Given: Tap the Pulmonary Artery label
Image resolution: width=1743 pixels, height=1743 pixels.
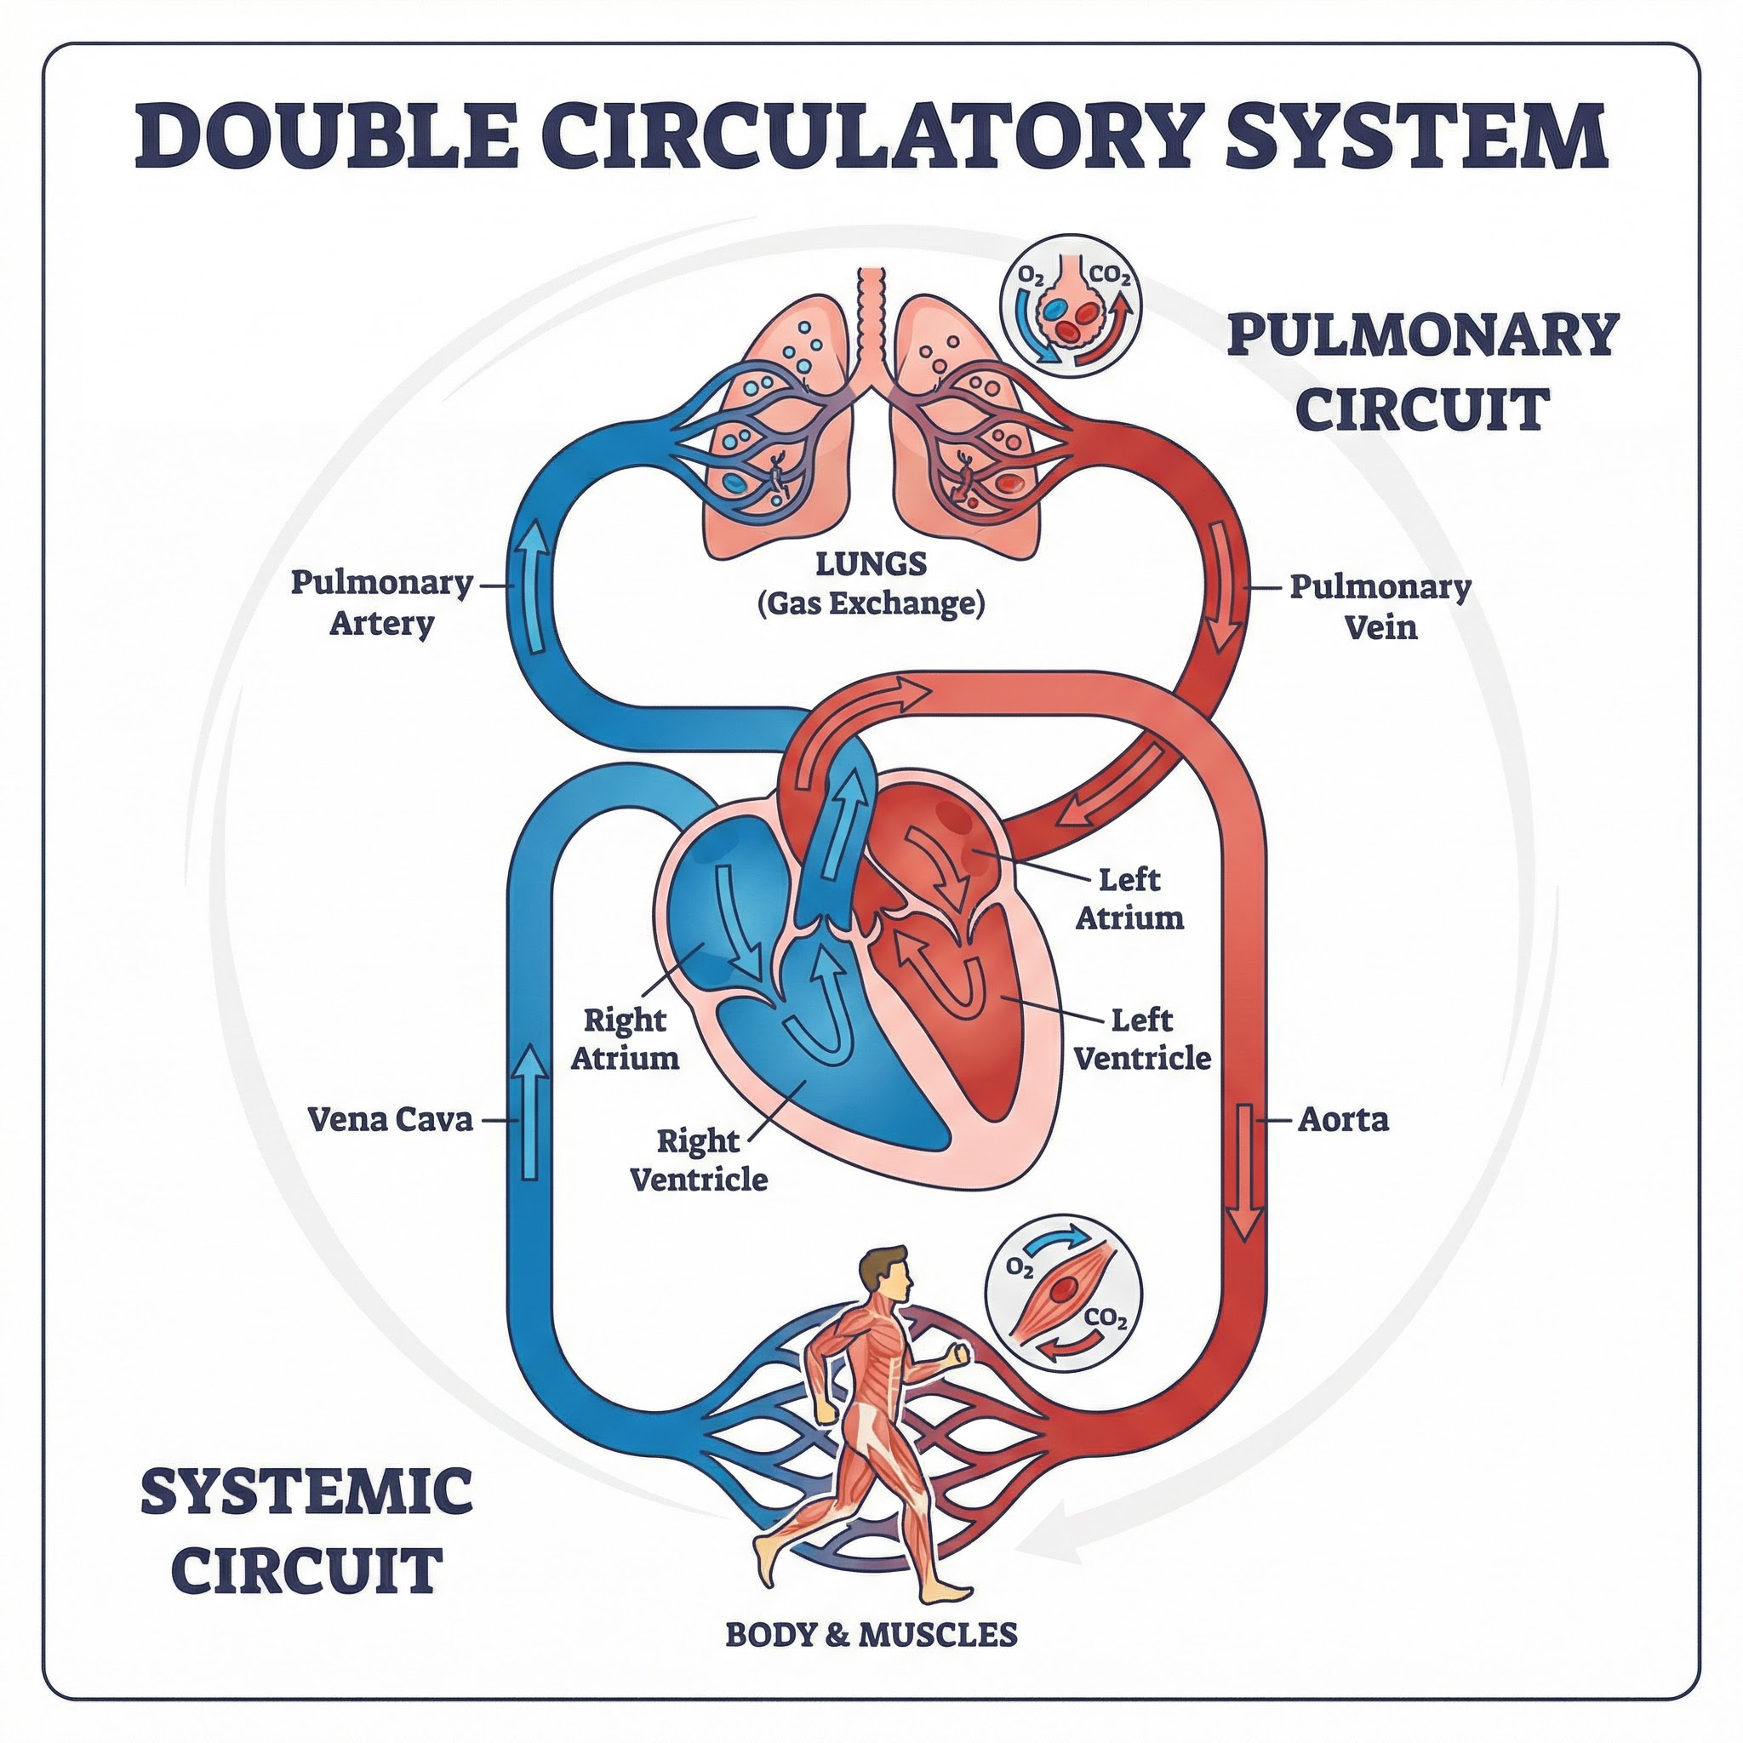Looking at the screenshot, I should (x=381, y=603).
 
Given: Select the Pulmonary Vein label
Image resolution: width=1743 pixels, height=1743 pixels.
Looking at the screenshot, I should (x=1380, y=606).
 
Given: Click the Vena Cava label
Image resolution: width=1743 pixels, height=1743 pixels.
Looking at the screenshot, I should (x=390, y=1120).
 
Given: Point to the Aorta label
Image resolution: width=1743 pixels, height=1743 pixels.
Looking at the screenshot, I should (x=1343, y=1120).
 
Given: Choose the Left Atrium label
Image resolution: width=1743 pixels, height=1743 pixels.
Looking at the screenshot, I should (x=1129, y=899).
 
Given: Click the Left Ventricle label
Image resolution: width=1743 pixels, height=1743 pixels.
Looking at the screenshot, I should (x=1142, y=1038).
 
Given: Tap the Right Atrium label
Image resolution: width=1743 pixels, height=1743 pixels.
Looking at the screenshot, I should (x=625, y=1038).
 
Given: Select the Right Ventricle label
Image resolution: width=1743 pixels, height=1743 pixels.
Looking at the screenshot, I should (x=698, y=1160).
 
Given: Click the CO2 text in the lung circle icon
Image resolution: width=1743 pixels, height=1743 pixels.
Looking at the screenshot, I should (x=1110, y=276).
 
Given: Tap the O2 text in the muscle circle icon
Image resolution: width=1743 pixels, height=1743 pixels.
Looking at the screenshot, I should (x=1019, y=1267).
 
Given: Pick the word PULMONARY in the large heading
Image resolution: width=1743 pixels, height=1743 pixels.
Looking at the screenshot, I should (x=1424, y=335).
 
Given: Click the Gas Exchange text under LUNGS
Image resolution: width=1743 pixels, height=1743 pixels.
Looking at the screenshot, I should (x=871, y=603).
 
